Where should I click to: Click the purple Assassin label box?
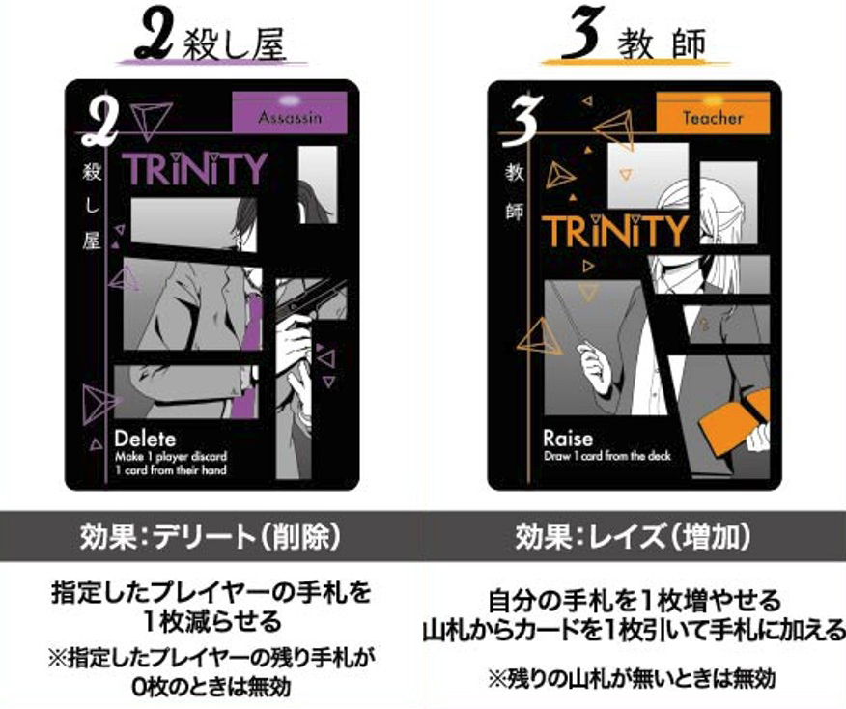(x=290, y=112)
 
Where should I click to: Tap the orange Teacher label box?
(x=713, y=113)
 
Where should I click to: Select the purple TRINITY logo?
(x=195, y=168)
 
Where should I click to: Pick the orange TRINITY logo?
(x=615, y=231)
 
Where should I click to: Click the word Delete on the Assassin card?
(x=145, y=439)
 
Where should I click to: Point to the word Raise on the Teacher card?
(x=568, y=439)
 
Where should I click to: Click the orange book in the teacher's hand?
(x=735, y=411)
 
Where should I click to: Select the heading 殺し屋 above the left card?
(x=234, y=44)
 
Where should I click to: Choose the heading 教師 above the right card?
(x=662, y=44)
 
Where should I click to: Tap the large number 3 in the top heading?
(x=581, y=35)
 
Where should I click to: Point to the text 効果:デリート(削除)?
(x=211, y=536)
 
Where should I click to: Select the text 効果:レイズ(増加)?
(x=633, y=536)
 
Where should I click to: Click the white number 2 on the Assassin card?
(x=99, y=121)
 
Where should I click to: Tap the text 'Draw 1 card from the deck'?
(x=607, y=457)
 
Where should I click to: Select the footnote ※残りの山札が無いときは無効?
(x=632, y=678)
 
